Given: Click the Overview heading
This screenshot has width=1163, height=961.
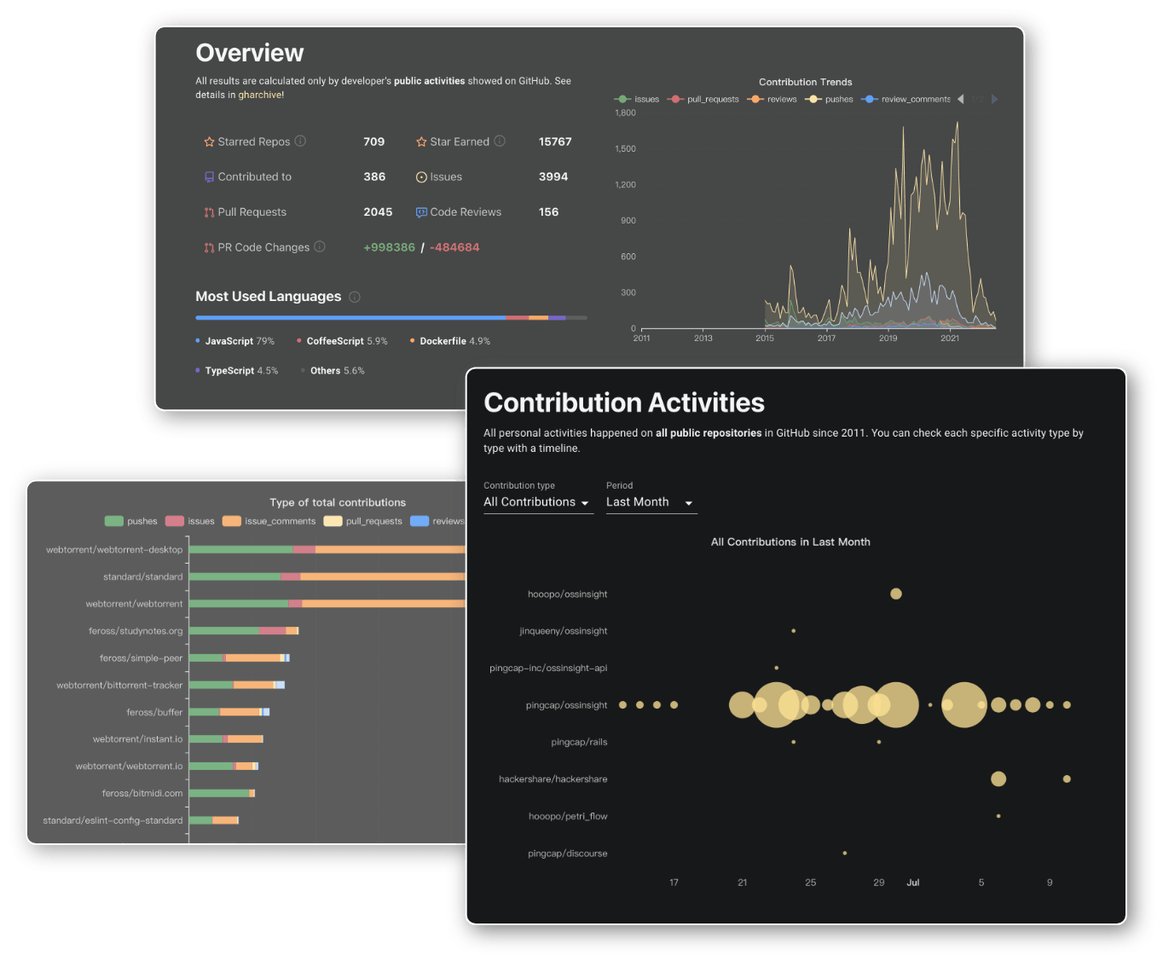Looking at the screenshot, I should tap(249, 53).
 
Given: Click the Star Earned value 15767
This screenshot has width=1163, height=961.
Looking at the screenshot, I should tap(555, 142).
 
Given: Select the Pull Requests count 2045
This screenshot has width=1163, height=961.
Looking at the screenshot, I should tap(378, 212).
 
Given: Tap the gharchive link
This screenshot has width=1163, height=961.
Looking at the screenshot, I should tap(260, 95).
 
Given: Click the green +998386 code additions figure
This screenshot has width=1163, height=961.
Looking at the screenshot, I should tap(389, 247).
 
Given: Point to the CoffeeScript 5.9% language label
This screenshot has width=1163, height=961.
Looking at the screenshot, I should tap(346, 341).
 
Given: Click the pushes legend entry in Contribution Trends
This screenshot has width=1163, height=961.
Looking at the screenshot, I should tap(830, 99).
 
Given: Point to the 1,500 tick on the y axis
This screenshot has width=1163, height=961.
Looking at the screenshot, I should tap(625, 148).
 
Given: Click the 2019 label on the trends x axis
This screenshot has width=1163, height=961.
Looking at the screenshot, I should tap(888, 339).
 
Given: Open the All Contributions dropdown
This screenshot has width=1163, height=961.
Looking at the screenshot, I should tap(537, 502).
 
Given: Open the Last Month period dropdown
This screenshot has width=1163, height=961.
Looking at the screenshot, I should tap(651, 502).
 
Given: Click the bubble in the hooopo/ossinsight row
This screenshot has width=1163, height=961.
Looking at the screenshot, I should tap(895, 593).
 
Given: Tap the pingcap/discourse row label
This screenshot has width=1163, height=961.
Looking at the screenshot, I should tap(567, 854).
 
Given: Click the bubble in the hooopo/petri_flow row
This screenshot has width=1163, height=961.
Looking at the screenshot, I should tap(998, 816).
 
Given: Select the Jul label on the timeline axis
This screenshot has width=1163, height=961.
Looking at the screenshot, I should tap(912, 883).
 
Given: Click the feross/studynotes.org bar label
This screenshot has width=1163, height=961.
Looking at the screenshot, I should tap(136, 631).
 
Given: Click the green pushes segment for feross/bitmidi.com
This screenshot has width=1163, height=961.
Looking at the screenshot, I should tap(218, 793).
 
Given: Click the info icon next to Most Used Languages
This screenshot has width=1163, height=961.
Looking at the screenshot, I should tap(355, 297).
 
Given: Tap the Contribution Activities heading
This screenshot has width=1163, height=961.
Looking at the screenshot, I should tap(624, 402).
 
